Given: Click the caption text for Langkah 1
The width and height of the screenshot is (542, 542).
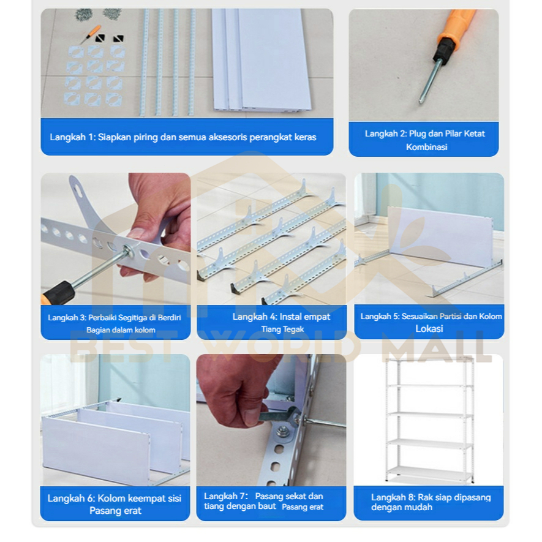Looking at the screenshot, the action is click(183, 137).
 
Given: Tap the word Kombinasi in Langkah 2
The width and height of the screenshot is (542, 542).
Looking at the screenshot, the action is click(426, 147).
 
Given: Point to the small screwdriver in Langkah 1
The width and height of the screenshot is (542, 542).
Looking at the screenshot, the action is click(91, 34).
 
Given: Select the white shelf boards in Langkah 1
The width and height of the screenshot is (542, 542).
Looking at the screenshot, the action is click(262, 59).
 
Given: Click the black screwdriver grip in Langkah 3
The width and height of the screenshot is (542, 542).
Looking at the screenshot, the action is click(59, 292).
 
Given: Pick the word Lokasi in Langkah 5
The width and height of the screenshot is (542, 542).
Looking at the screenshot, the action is click(429, 329).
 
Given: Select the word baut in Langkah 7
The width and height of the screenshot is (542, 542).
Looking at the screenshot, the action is click(267, 506).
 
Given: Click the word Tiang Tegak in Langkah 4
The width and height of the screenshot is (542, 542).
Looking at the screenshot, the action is click(282, 329).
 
